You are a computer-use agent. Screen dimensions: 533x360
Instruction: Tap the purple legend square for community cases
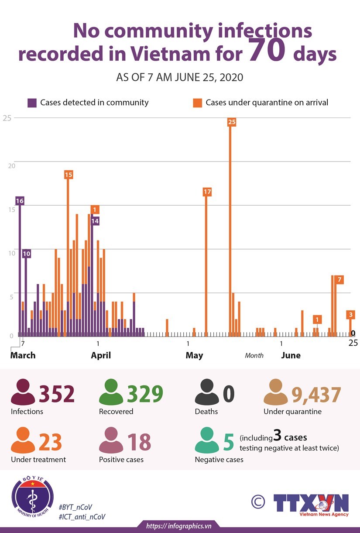tap(32, 103)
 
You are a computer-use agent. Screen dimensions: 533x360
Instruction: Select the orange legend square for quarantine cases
tap(197, 103)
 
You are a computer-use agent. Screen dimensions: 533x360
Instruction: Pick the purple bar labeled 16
tap(20, 271)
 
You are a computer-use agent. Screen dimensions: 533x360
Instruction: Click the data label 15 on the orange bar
tap(68, 175)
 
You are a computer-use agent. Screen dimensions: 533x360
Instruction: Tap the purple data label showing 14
tap(95, 221)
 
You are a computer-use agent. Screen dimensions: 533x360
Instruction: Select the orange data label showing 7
tap(339, 279)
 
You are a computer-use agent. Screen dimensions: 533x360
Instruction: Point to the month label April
tap(101, 355)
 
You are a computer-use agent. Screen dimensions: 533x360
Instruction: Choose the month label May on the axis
tap(194, 355)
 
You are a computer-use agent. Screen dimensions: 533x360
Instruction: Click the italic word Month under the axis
tap(254, 356)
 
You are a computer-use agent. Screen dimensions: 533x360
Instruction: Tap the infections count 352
tap(57, 394)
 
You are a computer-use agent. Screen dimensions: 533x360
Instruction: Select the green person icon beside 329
tap(111, 392)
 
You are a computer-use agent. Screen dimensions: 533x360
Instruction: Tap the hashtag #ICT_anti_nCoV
tap(82, 517)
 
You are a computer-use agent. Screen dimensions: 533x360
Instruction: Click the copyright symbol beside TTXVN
tap(258, 502)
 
